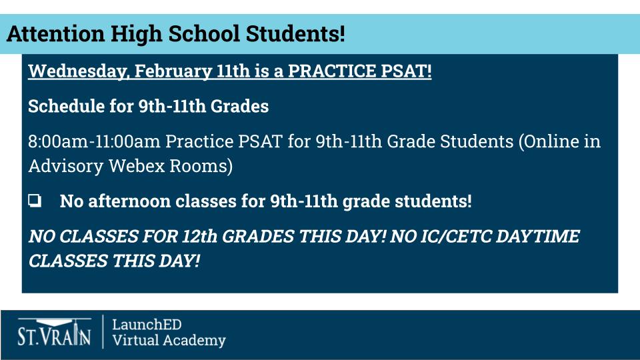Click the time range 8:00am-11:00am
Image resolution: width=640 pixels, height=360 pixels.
tap(94, 142)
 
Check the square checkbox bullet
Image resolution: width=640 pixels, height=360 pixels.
tap(35, 201)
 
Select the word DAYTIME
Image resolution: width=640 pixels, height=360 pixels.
tap(538, 237)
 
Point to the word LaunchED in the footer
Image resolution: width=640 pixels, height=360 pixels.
tap(147, 325)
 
